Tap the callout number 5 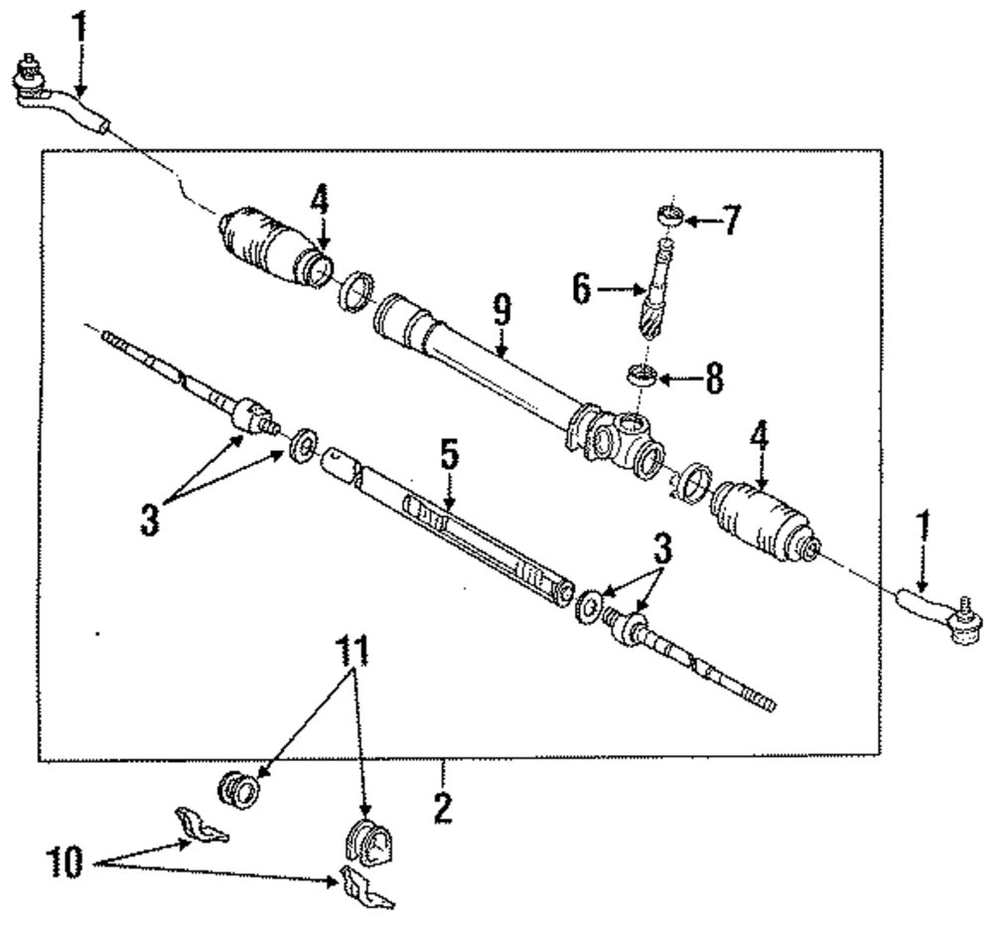point(449,458)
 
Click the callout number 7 point(731,220)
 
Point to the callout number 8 point(714,379)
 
